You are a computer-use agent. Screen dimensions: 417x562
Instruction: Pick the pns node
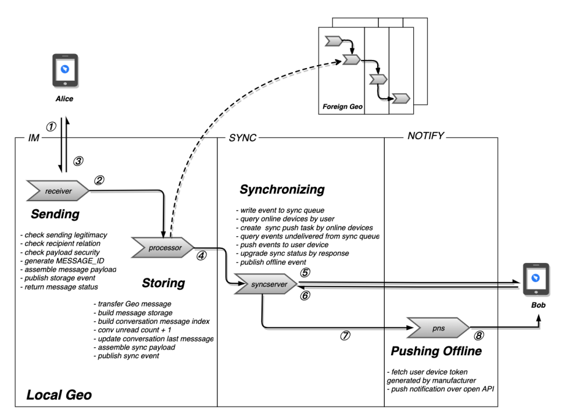tap(438, 327)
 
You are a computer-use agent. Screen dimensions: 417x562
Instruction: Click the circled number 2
tap(99, 180)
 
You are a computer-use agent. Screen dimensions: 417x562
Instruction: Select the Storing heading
tap(163, 283)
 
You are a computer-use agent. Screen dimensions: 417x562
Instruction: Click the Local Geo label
tap(59, 396)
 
